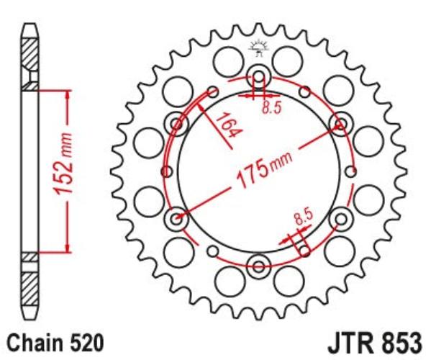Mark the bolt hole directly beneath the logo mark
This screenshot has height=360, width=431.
(258, 76)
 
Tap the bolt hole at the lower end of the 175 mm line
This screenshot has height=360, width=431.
(176, 217)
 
